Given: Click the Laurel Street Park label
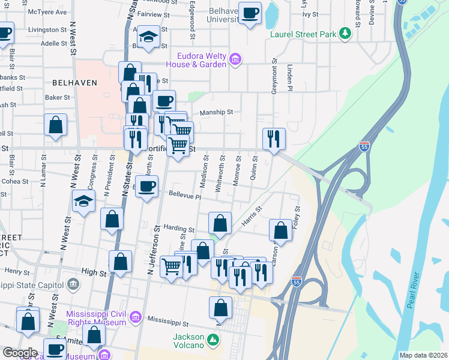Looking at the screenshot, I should [x=303, y=34].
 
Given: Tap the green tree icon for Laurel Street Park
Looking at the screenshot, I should [x=345, y=34].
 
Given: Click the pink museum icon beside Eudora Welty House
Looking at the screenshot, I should [x=235, y=59].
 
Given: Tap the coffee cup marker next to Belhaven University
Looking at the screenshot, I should [x=250, y=13].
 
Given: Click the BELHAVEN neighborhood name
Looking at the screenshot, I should [x=75, y=83].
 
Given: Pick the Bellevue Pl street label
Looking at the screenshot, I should [x=185, y=194].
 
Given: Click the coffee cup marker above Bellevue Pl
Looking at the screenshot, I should [x=146, y=187].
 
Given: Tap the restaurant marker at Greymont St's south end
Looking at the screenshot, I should [x=274, y=138].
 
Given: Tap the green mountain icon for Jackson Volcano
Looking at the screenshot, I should [x=213, y=341].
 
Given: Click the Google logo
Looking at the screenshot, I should [x=19, y=352].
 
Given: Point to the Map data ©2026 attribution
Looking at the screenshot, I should [x=423, y=355].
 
